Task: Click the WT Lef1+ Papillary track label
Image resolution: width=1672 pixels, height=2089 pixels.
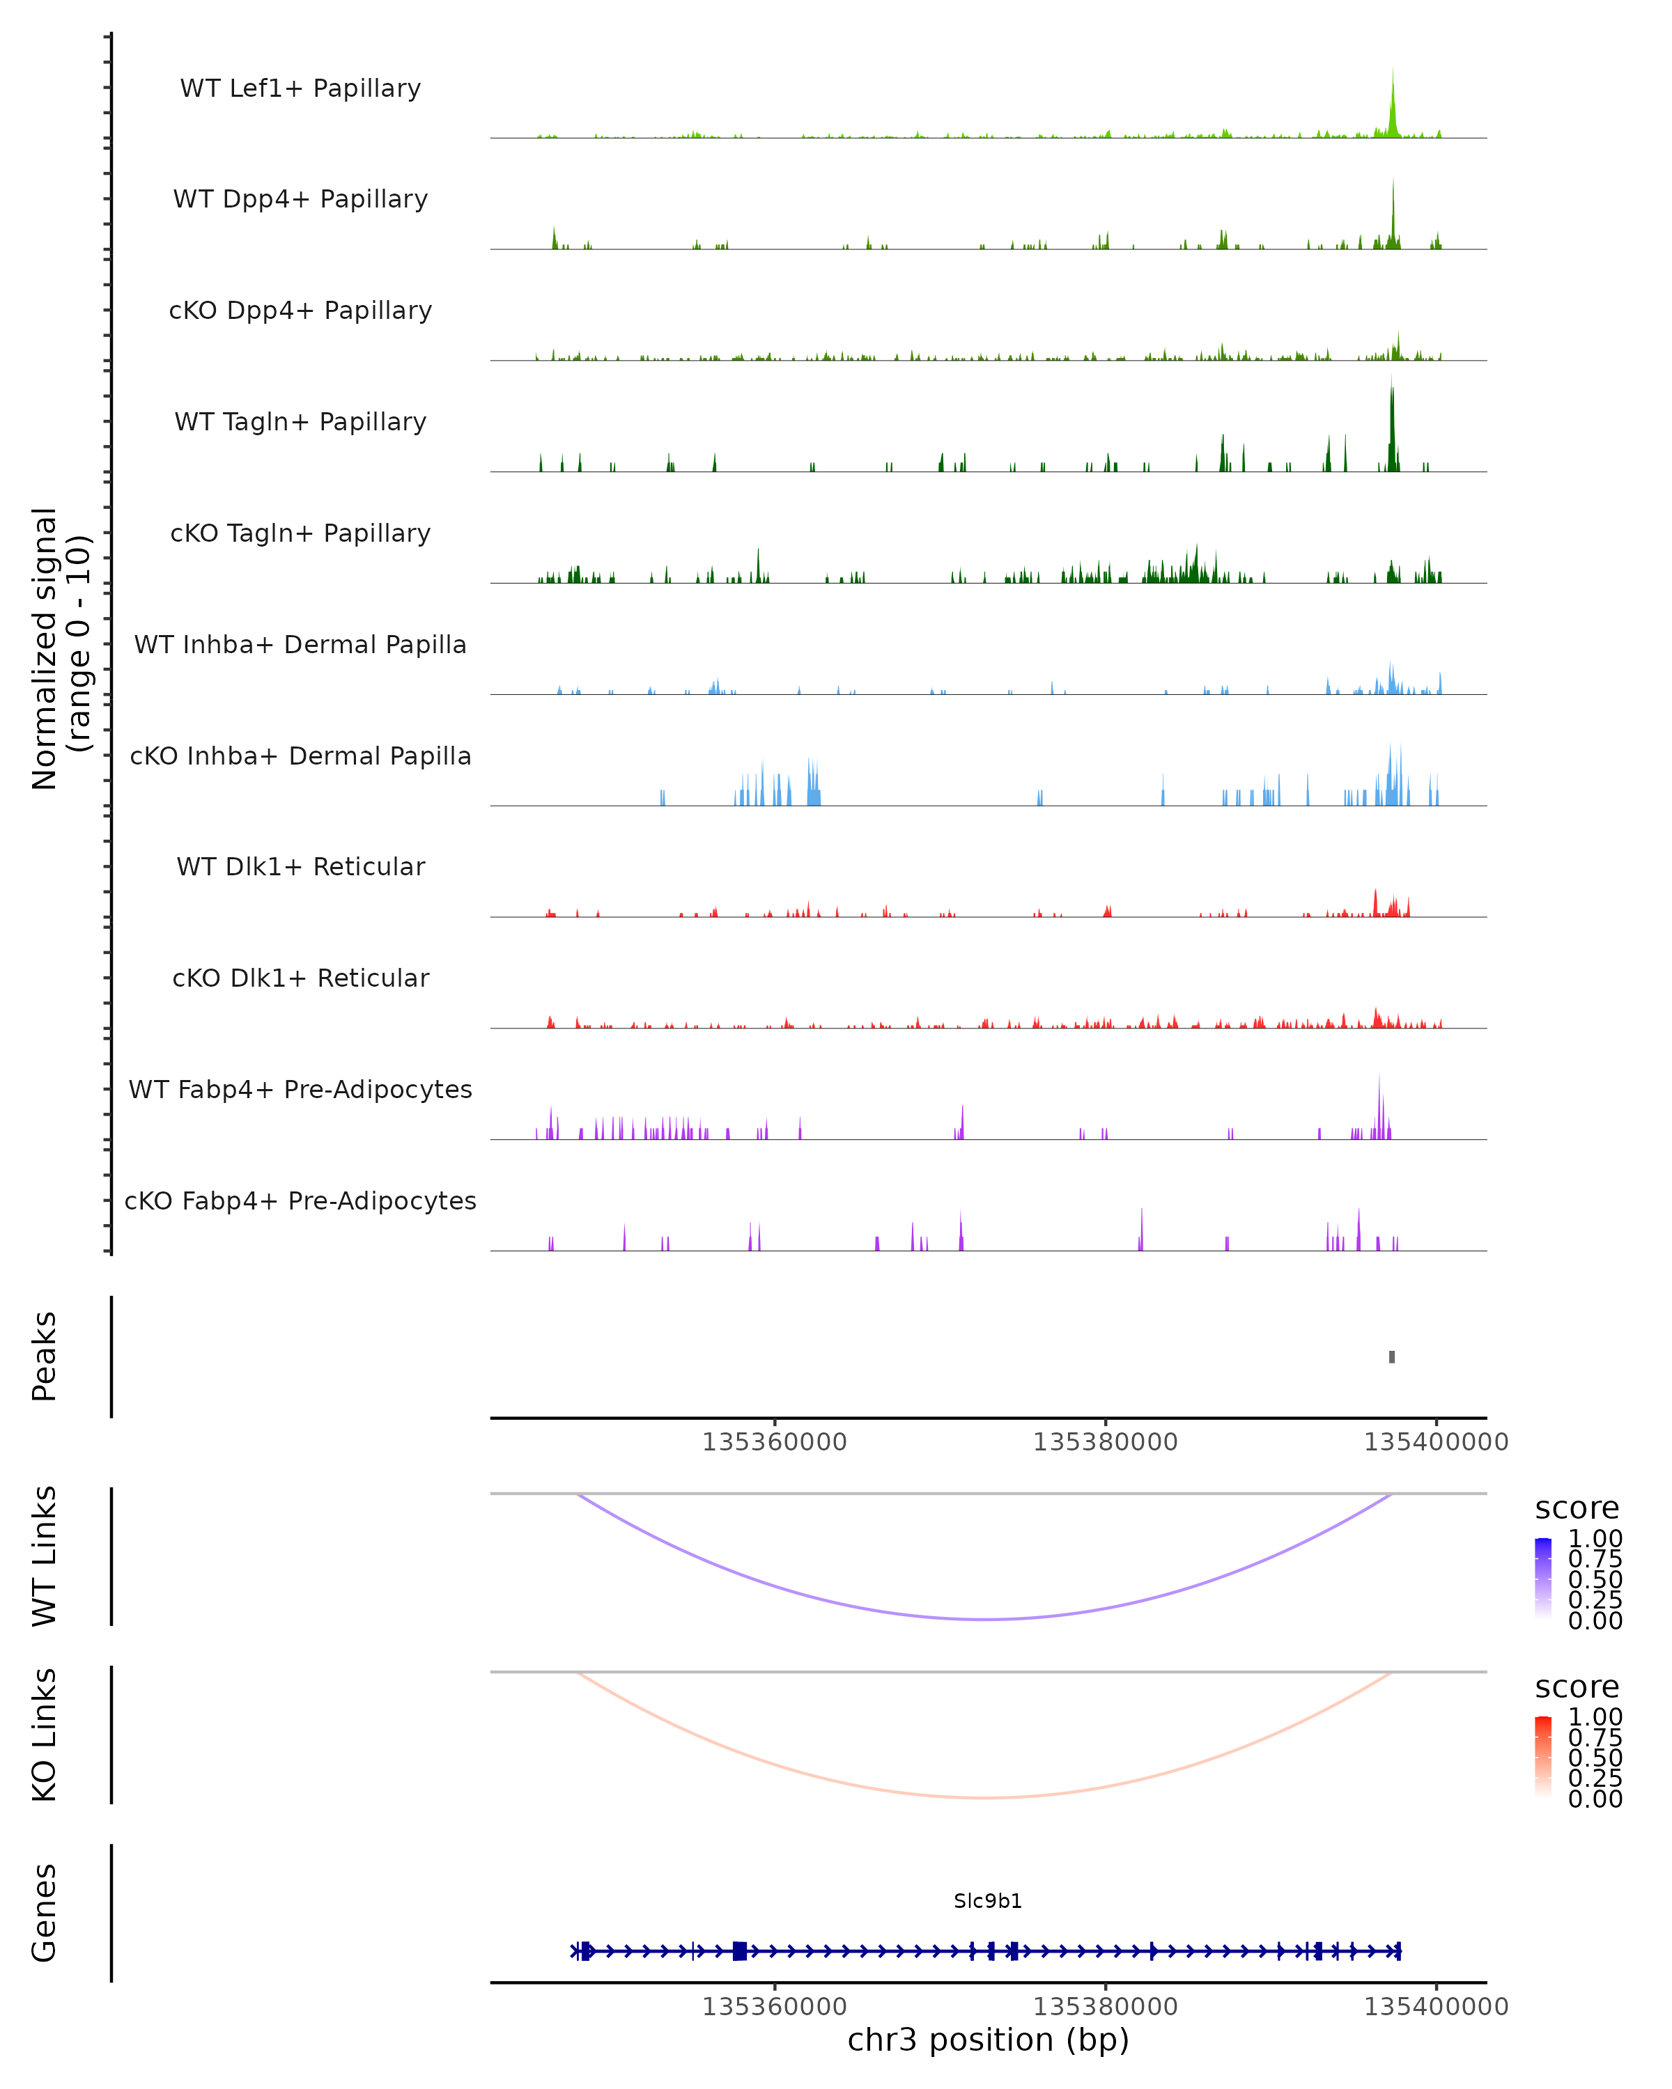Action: pos(300,88)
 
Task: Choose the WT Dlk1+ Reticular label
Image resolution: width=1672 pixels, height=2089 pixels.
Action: pos(300,866)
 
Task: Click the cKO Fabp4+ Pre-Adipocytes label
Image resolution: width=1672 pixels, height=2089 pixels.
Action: pos(300,1200)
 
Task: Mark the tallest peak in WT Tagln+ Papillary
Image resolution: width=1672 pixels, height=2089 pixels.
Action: pos(1392,426)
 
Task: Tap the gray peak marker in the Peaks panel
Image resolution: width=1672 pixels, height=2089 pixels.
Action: pos(1392,1356)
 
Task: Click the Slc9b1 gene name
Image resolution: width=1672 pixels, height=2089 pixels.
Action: pos(988,1901)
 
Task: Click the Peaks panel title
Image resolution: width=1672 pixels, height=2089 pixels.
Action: pos(45,1356)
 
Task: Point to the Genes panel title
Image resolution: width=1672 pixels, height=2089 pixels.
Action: pos(45,1913)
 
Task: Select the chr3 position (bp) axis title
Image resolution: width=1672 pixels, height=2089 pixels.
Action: pos(988,2040)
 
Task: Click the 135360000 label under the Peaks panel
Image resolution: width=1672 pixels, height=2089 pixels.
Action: pos(775,1442)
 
